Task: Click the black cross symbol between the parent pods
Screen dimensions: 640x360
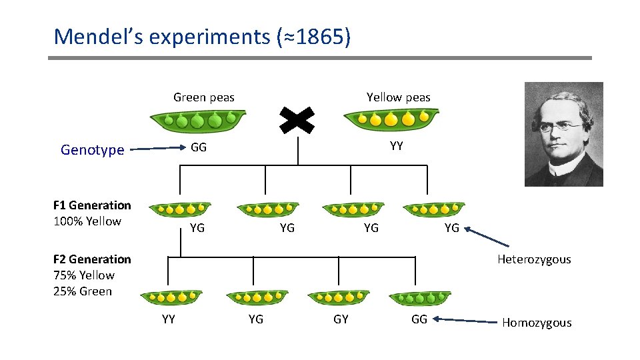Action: coord(297,121)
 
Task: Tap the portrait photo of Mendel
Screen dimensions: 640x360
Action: coord(563,134)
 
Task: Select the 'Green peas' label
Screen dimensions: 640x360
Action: coord(204,97)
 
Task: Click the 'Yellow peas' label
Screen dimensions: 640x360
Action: coord(399,97)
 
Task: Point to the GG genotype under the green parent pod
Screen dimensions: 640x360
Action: coord(199,147)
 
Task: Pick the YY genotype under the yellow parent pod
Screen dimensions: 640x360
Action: coord(397,146)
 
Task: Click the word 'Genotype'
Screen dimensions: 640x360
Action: coord(92,150)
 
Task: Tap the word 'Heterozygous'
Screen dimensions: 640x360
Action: coord(534,259)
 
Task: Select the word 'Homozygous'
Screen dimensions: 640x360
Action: coord(537,323)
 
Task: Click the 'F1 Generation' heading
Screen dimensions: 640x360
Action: coord(92,205)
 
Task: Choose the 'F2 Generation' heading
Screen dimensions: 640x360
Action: coord(92,259)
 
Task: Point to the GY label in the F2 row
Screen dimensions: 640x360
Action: coord(341,319)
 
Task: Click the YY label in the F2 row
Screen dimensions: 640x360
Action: coord(169,319)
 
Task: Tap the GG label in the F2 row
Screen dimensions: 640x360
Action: coord(419,319)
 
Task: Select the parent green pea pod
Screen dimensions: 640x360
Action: coord(198,121)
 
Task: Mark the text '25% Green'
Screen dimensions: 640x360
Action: coord(83,291)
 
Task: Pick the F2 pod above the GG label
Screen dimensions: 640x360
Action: coord(421,298)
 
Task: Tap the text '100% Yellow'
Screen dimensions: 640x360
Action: coord(87,221)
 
